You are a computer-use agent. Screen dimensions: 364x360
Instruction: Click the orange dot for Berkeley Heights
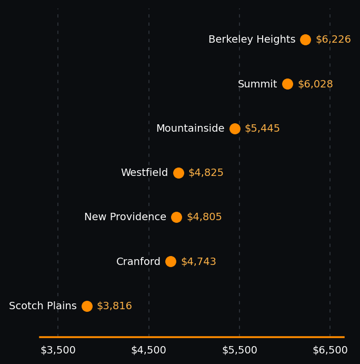tap(305, 40)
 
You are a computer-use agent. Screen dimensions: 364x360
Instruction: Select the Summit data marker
tap(287, 84)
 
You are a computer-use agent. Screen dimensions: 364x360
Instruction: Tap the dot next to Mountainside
tap(235, 129)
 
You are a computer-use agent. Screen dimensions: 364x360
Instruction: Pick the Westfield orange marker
tap(178, 173)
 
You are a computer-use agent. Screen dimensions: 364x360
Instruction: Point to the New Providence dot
tap(176, 217)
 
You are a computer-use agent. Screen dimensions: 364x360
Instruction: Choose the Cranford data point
tap(171, 262)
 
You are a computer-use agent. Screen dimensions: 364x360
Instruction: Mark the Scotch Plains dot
tap(87, 306)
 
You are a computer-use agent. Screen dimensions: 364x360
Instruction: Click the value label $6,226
tap(333, 40)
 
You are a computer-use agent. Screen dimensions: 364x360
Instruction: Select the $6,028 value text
tap(315, 84)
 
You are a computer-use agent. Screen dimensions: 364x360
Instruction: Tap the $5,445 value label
tap(262, 129)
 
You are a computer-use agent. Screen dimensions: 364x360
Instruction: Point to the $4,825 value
tap(206, 173)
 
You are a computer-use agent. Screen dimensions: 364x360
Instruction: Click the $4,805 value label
tap(204, 217)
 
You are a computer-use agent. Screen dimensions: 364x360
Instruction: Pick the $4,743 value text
tap(198, 262)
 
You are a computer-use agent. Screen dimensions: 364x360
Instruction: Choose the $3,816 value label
tap(114, 306)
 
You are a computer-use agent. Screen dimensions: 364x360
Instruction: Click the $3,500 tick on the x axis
tap(58, 350)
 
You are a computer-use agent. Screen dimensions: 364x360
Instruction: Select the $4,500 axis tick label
tap(148, 350)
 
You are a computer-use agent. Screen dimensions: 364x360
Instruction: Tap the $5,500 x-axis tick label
tap(239, 350)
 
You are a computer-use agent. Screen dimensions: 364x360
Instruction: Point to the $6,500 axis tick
tap(330, 350)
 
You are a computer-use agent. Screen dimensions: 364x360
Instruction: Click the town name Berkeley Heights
tap(252, 40)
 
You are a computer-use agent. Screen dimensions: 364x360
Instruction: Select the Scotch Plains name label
tap(43, 306)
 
